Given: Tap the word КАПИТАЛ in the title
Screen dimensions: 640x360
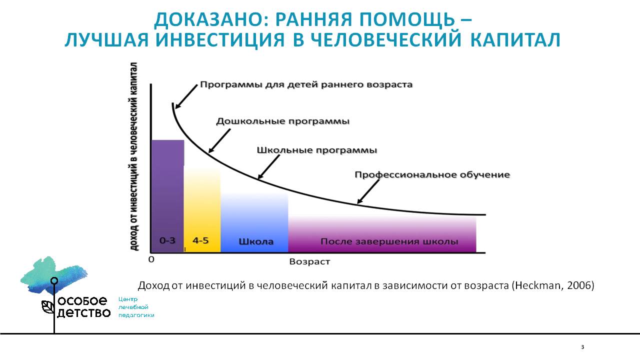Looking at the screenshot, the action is point(515,39).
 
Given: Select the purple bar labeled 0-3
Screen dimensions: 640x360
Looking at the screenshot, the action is point(167,196).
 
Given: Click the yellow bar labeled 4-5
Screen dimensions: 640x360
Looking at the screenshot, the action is point(202,209).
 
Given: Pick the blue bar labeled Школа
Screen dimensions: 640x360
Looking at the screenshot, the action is point(254,223).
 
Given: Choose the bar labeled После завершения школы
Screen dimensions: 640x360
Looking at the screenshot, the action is point(382,234).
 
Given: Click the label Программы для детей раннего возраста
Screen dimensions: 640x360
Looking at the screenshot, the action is point(306,85).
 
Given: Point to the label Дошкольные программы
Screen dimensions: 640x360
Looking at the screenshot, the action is point(283,121).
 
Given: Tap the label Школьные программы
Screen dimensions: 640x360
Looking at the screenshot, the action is point(317,150).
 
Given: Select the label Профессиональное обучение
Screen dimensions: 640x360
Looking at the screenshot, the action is point(432,174).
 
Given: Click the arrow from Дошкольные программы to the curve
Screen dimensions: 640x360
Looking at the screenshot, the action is point(219,141).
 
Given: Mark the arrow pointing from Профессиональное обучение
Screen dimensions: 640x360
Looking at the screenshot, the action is point(368,191).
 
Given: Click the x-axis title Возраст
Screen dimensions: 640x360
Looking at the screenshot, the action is point(309,261).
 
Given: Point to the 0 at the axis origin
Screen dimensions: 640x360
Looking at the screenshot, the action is point(151,259).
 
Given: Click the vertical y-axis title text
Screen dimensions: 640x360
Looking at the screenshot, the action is point(133,156).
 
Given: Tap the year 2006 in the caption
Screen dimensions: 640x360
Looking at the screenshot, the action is point(579,285).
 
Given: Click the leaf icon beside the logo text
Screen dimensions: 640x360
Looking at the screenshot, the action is point(47,307).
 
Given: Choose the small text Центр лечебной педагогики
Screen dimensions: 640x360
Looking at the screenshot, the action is point(136,307).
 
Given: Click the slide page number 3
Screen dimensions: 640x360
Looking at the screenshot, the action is point(582,347).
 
